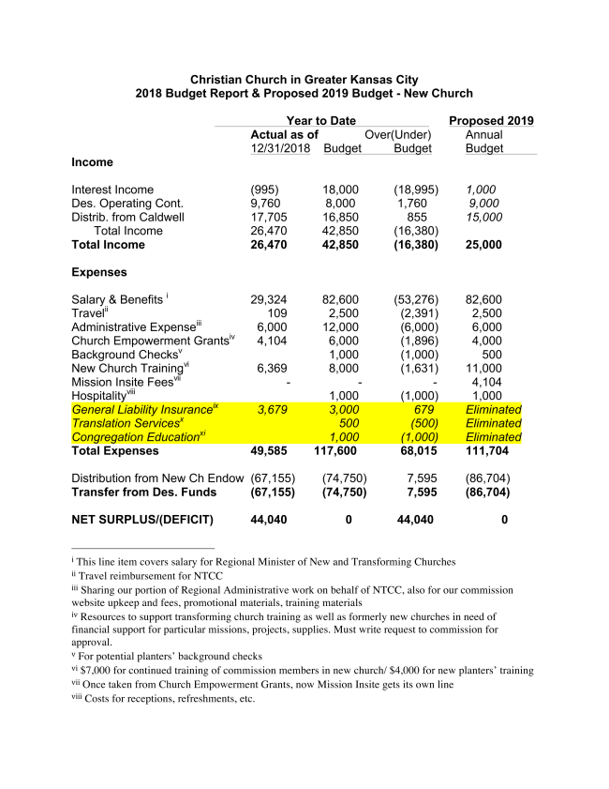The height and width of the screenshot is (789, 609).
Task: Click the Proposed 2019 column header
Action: coord(491,121)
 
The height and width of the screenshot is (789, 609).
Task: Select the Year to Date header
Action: coord(321,121)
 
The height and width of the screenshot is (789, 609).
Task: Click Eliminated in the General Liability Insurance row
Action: coord(493,409)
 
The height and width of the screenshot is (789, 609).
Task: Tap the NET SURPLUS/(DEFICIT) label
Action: coord(142,520)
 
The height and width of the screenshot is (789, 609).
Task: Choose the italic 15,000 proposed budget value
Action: coord(484,217)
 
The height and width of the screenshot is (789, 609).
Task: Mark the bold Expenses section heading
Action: coord(98,272)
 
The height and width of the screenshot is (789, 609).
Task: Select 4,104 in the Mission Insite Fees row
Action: coord(484,382)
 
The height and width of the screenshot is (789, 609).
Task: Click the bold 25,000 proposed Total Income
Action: coord(484,245)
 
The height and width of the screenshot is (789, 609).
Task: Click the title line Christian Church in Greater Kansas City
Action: coord(304,80)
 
